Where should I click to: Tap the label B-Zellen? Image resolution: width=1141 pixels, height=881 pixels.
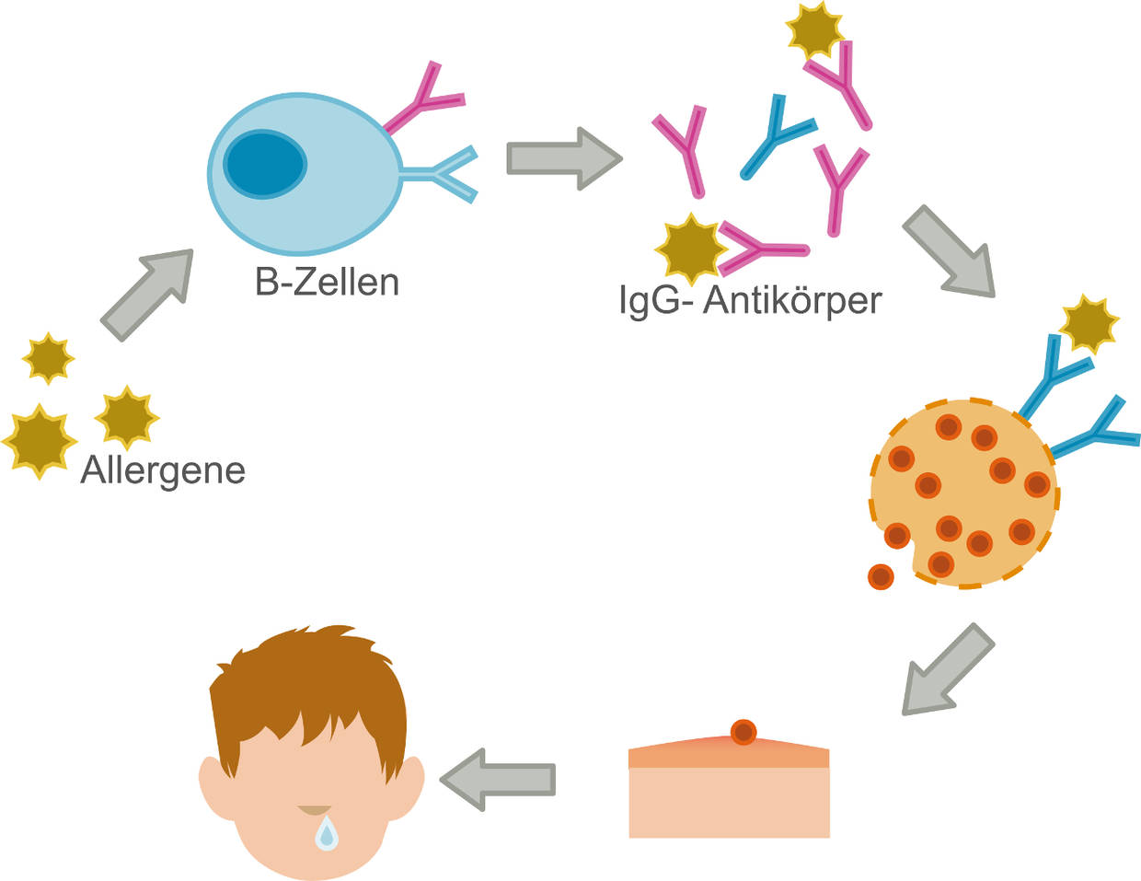327,283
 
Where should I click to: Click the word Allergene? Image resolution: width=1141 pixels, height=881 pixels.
163,469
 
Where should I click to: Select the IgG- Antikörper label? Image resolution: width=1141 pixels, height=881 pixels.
750,300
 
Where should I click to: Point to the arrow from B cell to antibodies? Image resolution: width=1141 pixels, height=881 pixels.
562,158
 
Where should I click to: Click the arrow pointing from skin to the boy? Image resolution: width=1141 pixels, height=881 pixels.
497,779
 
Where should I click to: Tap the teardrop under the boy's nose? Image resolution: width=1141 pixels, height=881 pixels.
327,834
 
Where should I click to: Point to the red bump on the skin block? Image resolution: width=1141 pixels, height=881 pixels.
743,732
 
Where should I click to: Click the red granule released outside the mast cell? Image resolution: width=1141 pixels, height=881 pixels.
881,577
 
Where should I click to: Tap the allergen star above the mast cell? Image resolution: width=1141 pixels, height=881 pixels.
1089,324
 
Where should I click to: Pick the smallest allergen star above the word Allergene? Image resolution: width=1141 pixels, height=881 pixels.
48,357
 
